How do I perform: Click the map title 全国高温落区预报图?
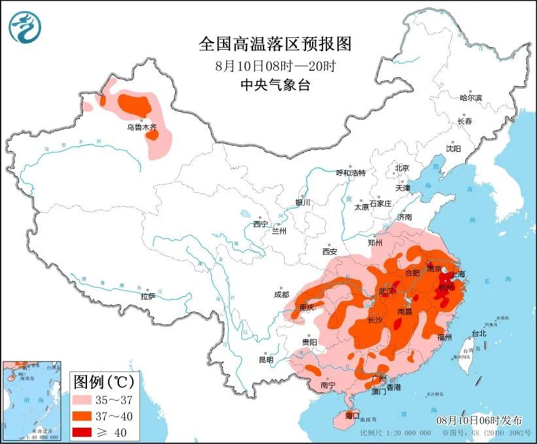[x=275, y=44]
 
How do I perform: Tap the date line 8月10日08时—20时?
[x=275, y=66]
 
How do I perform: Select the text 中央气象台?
[x=275, y=85]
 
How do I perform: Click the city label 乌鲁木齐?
[x=142, y=128]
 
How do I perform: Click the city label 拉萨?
[x=148, y=296]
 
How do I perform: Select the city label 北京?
[x=401, y=168]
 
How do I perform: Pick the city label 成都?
[x=282, y=294]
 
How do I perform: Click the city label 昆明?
[x=266, y=359]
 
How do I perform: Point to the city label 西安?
[x=329, y=251]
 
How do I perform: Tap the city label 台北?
[x=479, y=333]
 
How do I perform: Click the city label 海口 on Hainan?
[x=353, y=415]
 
